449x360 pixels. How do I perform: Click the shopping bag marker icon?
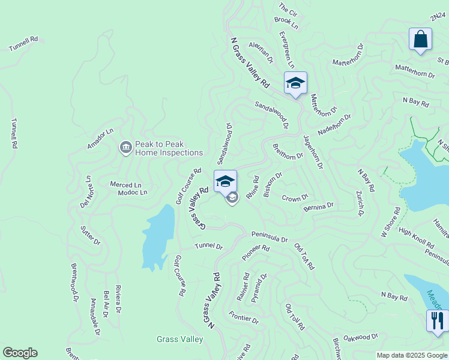pos(421,39)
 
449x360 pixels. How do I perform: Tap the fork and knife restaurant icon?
pos(437,320)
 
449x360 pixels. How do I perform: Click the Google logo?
pos(20,353)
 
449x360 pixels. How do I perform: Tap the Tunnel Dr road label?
pos(208,247)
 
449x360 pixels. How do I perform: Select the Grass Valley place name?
pos(179,340)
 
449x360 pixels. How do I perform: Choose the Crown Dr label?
pos(295,198)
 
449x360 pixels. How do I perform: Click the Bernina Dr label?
pos(318,206)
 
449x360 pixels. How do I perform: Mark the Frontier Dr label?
pos(244,317)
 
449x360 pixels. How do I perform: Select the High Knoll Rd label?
pos(416,238)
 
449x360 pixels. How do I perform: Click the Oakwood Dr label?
pos(361,338)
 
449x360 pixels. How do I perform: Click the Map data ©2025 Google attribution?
pos(411,355)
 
